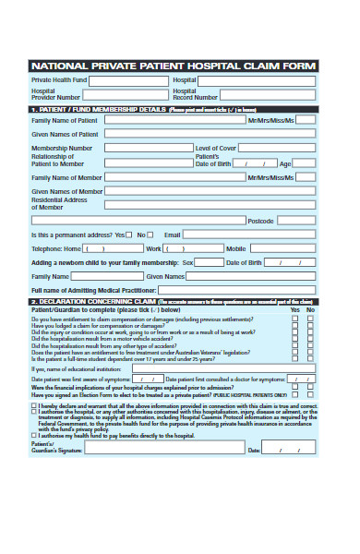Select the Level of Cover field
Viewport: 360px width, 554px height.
278,148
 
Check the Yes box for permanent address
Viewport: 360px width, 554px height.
129,235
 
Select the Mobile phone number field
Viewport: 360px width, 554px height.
281,248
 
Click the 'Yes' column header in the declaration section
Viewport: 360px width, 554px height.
295,310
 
